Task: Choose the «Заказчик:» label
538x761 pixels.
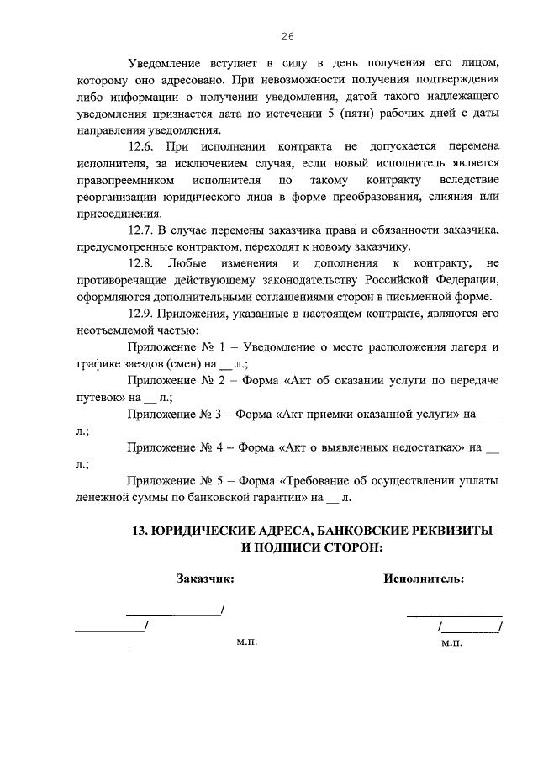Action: tap(205, 579)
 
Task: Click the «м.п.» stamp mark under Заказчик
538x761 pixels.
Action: tap(246, 641)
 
